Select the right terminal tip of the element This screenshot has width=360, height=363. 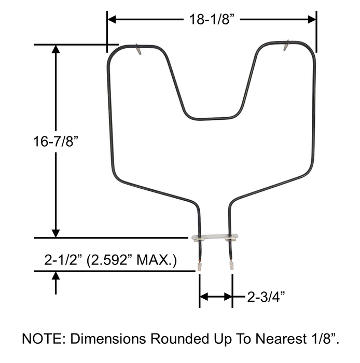[x=231, y=267]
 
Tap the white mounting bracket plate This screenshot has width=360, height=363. [x=215, y=239]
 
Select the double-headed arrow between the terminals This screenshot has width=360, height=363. [x=216, y=297]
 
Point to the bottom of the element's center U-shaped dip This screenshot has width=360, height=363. [x=212, y=119]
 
